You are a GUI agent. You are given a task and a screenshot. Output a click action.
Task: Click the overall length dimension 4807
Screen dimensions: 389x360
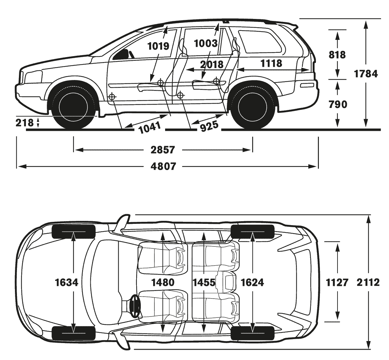163,166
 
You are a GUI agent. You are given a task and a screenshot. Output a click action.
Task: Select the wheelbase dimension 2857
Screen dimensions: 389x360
163,150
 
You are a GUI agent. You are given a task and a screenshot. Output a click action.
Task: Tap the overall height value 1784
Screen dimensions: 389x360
366,74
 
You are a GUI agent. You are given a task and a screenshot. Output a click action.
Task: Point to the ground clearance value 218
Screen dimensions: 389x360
24,123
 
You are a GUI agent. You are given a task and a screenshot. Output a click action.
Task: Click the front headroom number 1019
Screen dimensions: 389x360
158,46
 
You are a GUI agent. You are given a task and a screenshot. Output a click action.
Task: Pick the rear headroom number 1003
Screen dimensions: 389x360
206,44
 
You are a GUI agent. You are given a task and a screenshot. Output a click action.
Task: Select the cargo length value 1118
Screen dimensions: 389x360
271,63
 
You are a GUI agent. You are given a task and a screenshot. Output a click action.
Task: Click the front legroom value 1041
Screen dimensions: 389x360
149,127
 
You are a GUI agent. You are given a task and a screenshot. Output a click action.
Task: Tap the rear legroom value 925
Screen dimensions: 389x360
209,126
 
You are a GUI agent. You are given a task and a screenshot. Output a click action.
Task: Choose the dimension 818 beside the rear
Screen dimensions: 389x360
337,54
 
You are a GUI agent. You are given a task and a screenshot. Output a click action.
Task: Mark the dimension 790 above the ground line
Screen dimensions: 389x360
338,104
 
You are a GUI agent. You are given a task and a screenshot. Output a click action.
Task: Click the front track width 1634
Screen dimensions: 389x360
66,282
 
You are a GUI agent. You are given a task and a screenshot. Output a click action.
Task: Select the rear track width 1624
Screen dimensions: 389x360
252,282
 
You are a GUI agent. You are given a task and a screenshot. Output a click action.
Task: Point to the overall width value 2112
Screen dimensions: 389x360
368,282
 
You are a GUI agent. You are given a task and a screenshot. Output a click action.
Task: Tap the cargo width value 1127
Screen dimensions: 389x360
337,282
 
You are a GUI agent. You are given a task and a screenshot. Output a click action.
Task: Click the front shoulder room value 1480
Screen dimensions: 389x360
163,282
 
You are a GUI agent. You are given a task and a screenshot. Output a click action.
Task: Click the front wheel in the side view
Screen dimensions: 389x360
74,106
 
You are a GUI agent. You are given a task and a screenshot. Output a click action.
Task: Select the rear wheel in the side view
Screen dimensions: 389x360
252,106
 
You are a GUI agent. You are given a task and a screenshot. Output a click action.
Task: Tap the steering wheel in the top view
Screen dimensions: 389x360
135,306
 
